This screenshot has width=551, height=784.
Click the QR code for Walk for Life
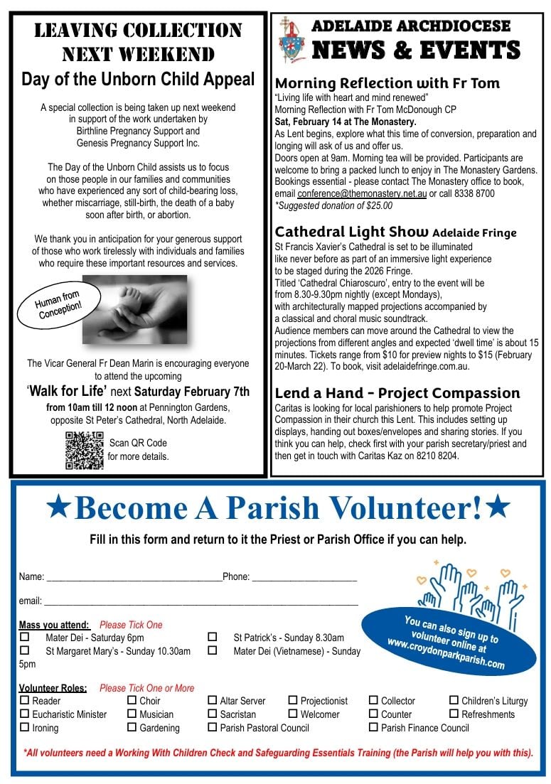(84, 450)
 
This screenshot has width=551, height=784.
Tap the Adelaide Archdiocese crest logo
(291, 40)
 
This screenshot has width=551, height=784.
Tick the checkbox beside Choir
(132, 700)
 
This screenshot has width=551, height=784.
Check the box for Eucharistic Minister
(25, 714)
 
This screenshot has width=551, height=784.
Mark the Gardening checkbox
(132, 727)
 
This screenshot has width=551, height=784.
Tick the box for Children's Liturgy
(455, 700)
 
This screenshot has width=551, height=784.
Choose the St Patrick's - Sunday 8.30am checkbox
(212, 637)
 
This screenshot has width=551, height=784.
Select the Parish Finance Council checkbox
(373, 727)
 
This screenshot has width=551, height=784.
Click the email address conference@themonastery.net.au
(362, 193)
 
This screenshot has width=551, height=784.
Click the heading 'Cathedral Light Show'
(351, 232)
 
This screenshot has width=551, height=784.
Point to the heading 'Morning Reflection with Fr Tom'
(387, 83)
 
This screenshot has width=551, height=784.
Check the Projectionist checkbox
(293, 700)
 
